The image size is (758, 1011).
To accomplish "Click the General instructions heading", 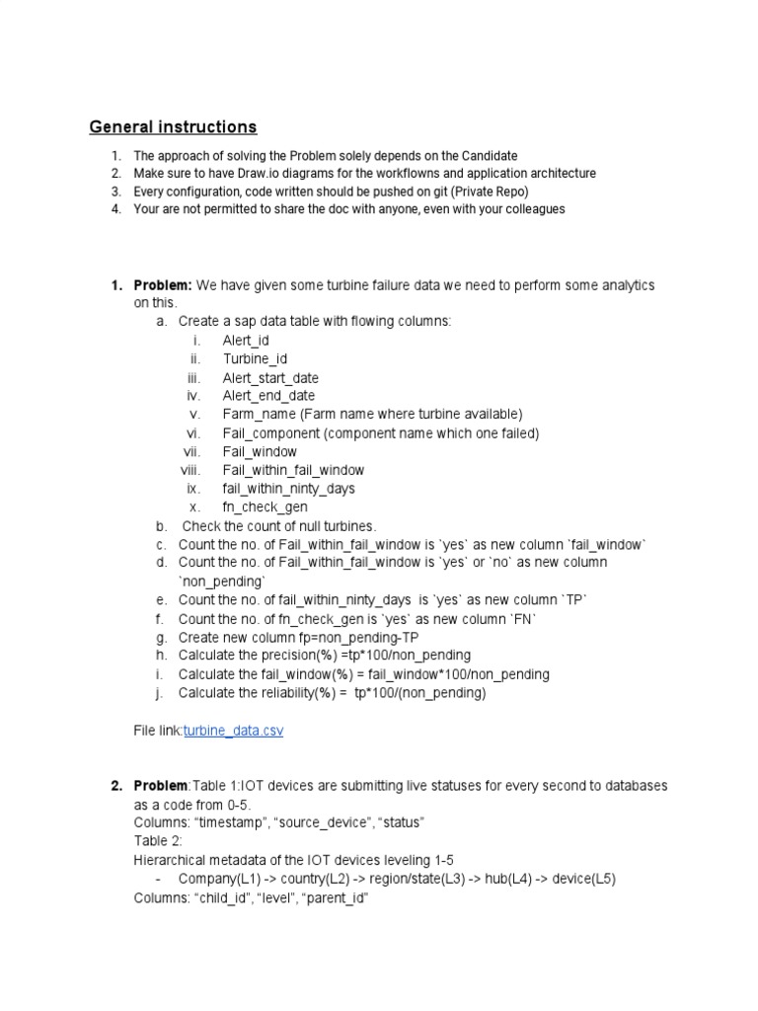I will click(x=174, y=127).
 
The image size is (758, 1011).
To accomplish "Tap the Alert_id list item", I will click(x=246, y=341).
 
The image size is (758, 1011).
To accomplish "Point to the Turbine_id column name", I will click(x=256, y=359).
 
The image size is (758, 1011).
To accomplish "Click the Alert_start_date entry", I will click(x=270, y=378).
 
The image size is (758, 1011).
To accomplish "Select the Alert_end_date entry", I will click(x=268, y=396).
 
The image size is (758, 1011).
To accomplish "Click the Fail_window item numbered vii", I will click(x=260, y=452).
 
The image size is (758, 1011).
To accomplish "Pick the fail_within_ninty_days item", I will click(x=289, y=489).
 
